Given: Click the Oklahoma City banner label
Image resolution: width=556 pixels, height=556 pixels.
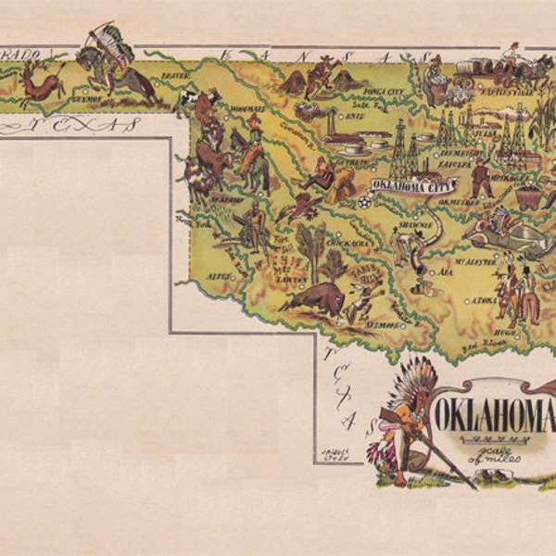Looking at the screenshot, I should coord(408,184).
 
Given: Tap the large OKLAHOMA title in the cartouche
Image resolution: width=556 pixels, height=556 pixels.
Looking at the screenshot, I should coord(492,409).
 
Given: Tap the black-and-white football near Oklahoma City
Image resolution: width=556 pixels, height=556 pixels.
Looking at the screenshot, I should coord(365,200).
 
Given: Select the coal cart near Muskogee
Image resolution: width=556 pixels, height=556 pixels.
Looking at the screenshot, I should coord(529,196).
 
